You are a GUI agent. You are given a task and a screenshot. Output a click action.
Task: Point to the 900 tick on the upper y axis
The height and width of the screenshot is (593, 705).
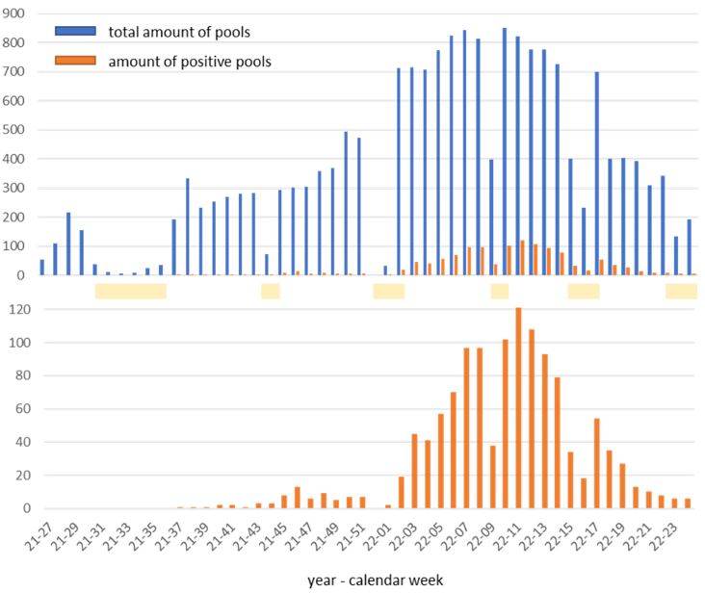coord(19,13)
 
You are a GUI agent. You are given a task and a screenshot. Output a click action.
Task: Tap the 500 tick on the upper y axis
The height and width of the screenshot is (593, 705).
coord(19,130)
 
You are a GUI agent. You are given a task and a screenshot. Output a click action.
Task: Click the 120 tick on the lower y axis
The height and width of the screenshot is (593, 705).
coord(19,309)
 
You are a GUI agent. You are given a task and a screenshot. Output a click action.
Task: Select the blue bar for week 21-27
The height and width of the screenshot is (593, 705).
coord(42,268)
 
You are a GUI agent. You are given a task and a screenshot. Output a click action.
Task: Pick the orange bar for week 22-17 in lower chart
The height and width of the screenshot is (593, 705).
coord(597,463)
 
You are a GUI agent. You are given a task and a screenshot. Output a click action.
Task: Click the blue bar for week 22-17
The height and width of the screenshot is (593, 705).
coord(596,173)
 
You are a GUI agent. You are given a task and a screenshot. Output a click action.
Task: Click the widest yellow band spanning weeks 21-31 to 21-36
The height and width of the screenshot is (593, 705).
coord(130,291)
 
